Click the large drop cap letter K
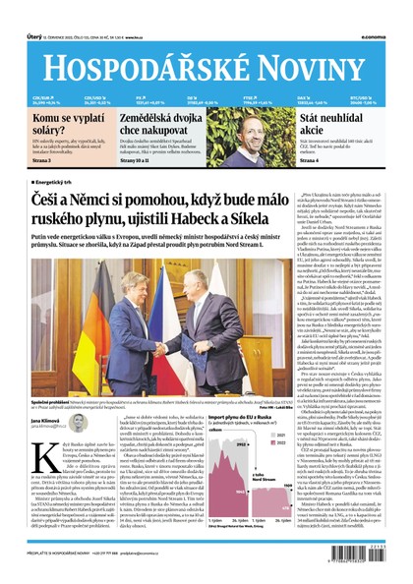click(x=40, y=466)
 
